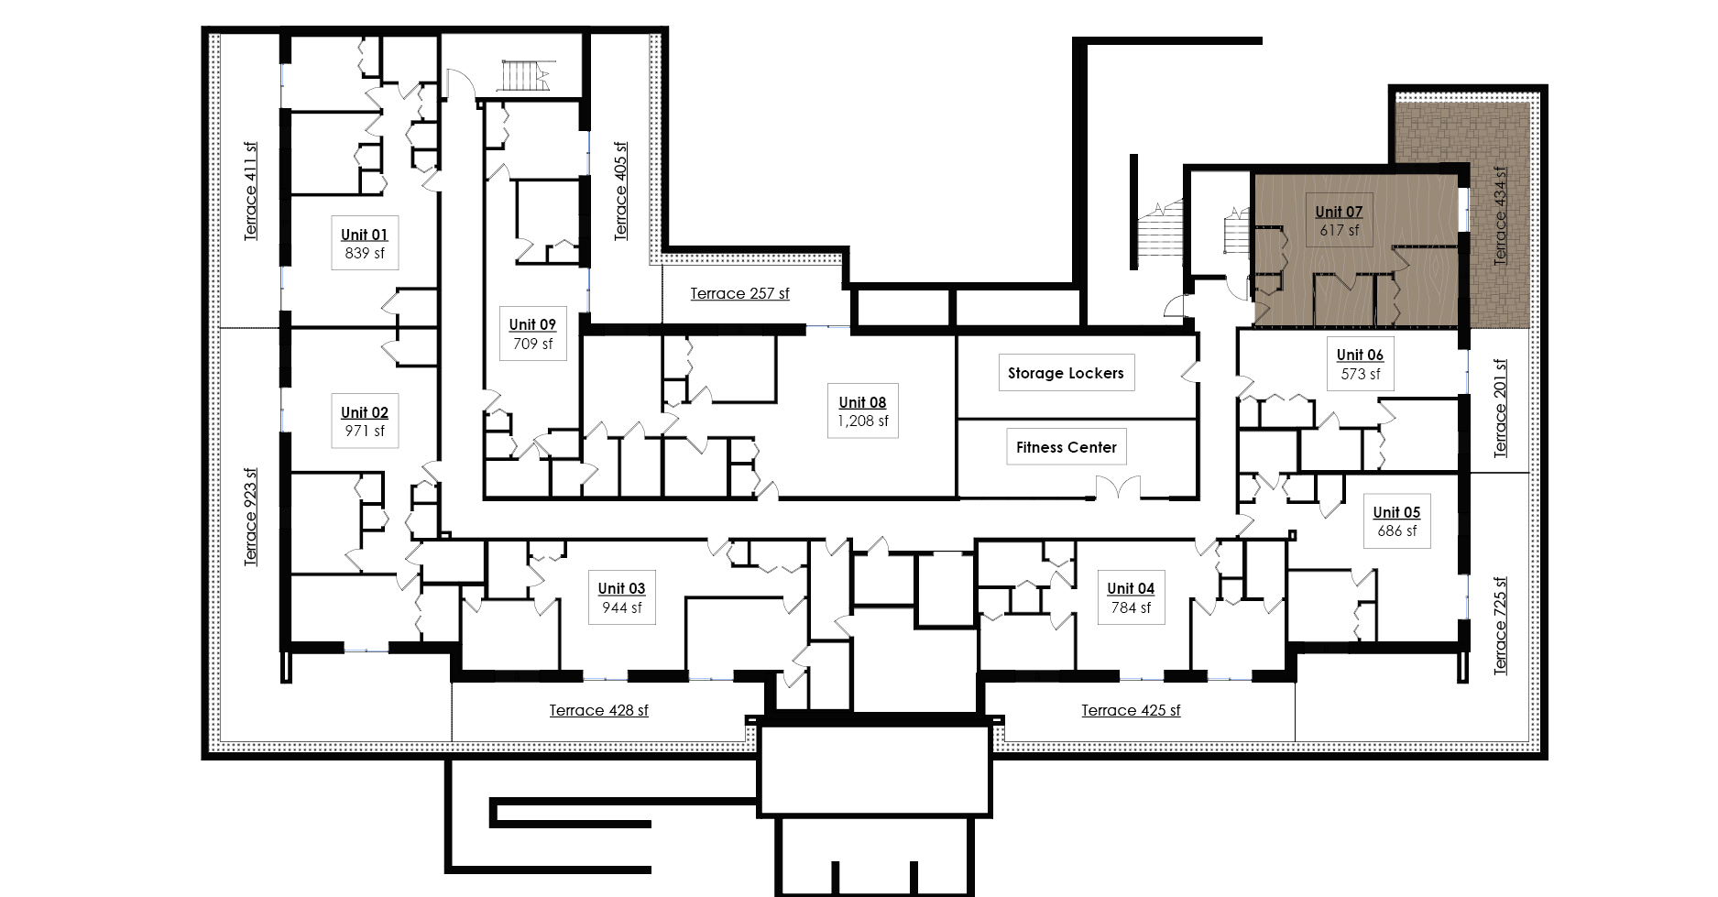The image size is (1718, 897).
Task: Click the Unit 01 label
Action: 365,244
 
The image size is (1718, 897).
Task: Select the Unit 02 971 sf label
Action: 365,421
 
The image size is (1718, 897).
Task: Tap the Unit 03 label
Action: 621,597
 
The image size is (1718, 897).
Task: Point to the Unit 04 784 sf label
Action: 1131,597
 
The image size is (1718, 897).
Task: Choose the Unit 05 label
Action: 1396,521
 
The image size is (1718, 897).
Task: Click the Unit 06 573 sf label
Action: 1360,364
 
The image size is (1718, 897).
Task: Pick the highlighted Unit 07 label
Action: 1339,221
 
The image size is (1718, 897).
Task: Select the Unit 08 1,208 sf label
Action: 862,411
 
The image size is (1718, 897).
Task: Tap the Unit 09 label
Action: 532,334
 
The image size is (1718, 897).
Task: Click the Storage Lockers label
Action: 1066,373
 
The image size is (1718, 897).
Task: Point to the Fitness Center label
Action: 1067,447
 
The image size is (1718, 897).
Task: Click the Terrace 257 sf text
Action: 739,293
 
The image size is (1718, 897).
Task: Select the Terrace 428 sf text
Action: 599,710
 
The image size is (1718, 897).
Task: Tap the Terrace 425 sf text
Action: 1131,710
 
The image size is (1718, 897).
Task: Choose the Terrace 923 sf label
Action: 251,517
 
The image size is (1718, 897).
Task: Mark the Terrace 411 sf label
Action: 251,191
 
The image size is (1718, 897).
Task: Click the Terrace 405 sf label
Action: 621,191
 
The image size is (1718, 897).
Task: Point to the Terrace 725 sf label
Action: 1501,626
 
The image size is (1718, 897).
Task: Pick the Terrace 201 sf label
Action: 1501,408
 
